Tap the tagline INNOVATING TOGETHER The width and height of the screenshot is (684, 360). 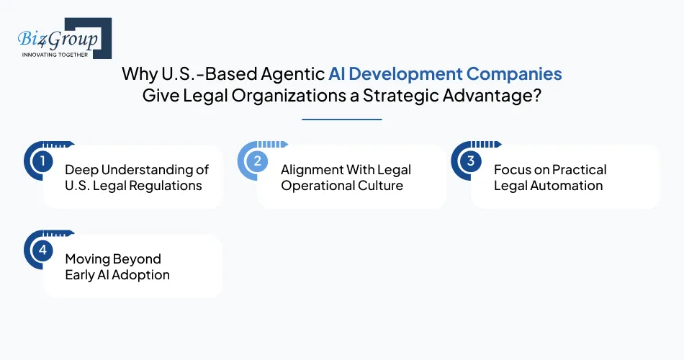click(x=55, y=54)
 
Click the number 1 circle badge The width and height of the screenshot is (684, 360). click(x=42, y=161)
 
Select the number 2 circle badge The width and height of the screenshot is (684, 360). click(x=257, y=161)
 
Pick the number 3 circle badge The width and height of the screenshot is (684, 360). click(x=470, y=161)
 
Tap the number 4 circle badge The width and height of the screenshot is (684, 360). click(x=42, y=250)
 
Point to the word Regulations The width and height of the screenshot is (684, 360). click(x=166, y=185)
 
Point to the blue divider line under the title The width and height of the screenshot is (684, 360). click(x=342, y=119)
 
